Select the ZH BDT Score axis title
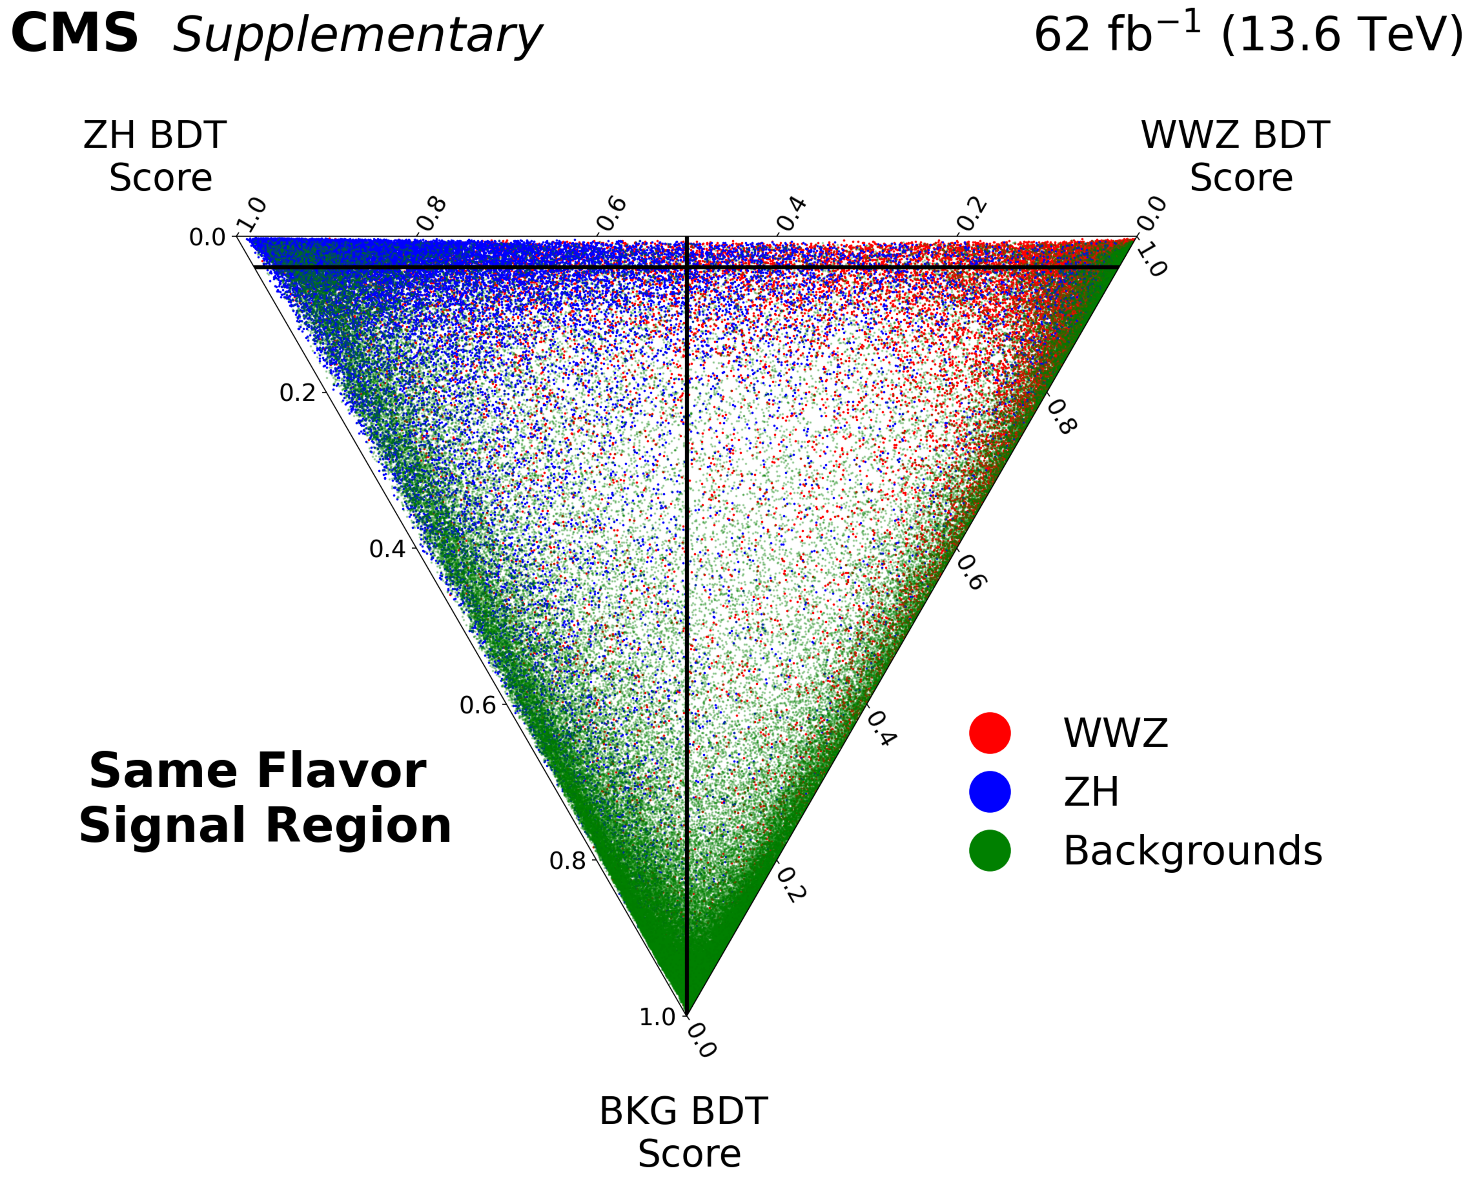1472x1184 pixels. (x=156, y=156)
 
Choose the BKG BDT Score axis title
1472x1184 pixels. (x=684, y=1132)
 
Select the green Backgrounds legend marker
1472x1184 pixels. (x=989, y=851)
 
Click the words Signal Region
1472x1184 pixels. (x=265, y=825)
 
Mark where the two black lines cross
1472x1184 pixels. (x=687, y=267)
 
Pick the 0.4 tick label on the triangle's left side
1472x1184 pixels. (x=387, y=549)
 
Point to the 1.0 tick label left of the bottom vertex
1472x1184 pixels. (x=657, y=1018)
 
